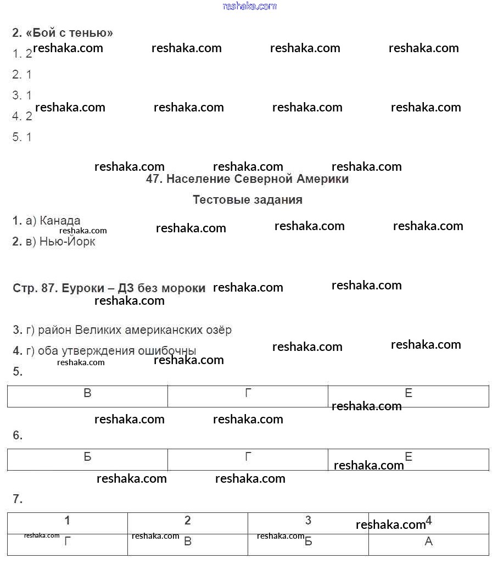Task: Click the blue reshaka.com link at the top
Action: coord(249,6)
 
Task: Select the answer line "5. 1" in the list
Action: coord(22,137)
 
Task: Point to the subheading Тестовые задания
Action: coord(247,200)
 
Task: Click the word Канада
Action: coord(60,221)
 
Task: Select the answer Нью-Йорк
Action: coord(67,242)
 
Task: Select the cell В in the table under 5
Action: coord(87,393)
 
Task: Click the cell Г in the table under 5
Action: coord(248,393)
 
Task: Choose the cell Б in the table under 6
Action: coord(87,457)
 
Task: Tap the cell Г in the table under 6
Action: coord(248,457)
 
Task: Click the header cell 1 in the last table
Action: coord(67,521)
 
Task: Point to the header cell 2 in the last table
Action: coord(188,521)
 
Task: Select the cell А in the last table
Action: coord(429,541)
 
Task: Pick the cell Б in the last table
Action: coord(308,541)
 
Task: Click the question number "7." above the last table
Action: coord(18,499)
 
